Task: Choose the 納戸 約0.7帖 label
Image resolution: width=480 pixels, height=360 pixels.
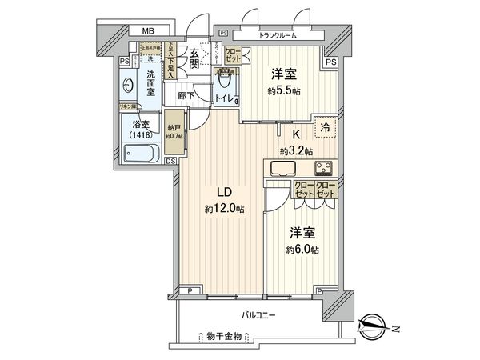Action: (x=174, y=131)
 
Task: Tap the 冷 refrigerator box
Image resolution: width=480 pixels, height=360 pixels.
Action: (x=325, y=126)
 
